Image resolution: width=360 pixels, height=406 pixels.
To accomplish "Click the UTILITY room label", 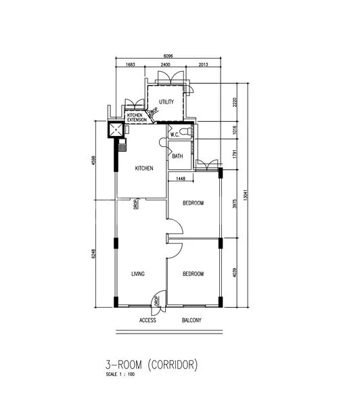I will tap(166, 102).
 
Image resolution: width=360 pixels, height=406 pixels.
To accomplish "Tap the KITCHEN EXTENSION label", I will tap(137, 118).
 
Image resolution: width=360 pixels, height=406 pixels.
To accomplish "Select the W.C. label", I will tap(175, 135).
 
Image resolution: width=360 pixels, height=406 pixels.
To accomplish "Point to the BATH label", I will tap(177, 156).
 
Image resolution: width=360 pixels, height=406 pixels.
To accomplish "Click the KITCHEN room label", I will tap(143, 168).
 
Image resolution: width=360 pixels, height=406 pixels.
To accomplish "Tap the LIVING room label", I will tap(139, 273).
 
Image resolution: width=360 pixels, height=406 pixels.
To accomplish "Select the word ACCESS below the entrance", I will tap(148, 320).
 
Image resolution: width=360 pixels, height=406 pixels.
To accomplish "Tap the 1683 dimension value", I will tap(131, 66).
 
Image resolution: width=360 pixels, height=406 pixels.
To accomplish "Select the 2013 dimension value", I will tap(204, 66).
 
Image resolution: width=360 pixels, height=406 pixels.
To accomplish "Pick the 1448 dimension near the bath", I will tap(181, 179).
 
